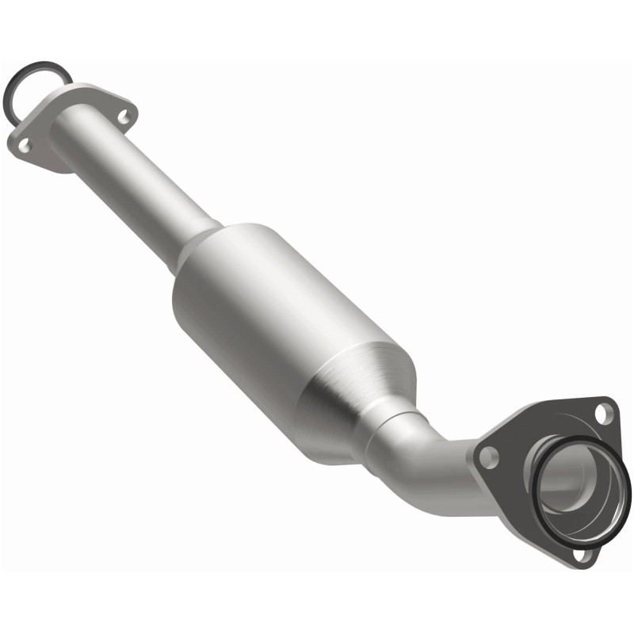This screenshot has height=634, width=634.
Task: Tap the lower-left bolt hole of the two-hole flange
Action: click(25, 144)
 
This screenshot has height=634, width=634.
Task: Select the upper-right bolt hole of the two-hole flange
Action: click(123, 116)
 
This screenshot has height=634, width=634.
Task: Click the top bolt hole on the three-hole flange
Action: click(604, 412)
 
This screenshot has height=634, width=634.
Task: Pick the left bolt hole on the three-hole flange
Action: click(489, 456)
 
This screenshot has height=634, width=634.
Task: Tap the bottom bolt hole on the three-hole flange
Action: click(583, 555)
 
